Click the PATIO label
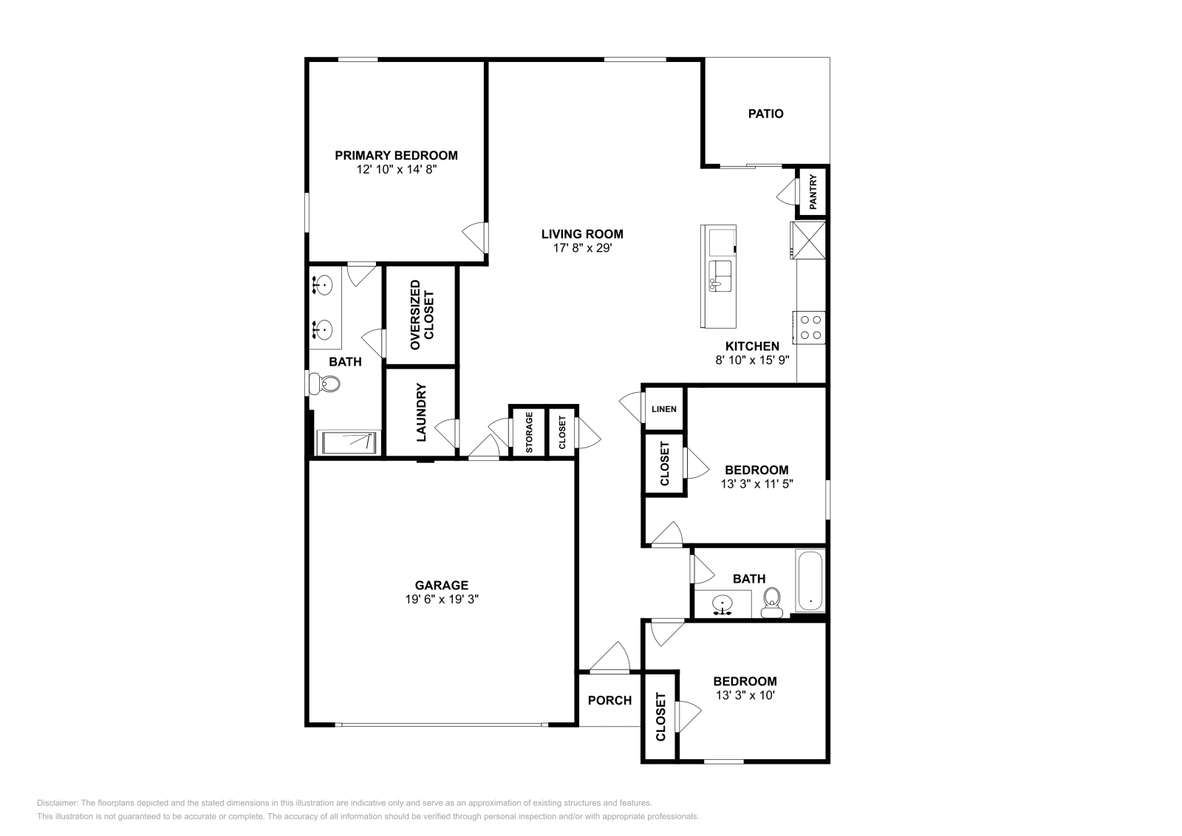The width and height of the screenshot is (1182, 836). tap(765, 114)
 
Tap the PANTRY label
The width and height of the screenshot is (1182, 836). tap(813, 192)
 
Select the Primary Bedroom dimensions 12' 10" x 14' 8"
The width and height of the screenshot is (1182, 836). tap(396, 169)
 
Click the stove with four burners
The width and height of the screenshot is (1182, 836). tap(810, 327)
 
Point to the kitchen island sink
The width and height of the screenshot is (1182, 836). tap(720, 275)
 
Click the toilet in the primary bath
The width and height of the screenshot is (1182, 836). tap(326, 383)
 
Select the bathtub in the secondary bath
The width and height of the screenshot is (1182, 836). tap(810, 581)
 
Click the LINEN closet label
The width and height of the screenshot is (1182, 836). tap(663, 409)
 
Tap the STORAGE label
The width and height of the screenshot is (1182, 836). tap(529, 432)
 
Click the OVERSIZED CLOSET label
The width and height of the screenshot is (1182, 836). tap(422, 315)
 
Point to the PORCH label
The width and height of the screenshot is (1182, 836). tap(609, 700)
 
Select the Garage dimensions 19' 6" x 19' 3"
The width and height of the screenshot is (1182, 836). tap(442, 600)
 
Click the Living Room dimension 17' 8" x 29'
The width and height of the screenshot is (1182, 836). tap(582, 248)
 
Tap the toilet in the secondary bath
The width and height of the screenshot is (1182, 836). tap(772, 602)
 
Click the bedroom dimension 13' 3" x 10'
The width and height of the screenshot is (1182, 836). tap(745, 695)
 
